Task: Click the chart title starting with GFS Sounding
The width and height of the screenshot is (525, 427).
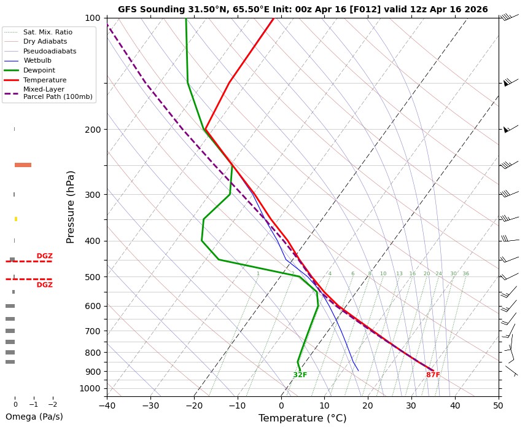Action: pos(303,9)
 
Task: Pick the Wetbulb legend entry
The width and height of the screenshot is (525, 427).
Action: pos(37,61)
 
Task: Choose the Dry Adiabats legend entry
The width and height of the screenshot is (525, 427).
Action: pos(45,41)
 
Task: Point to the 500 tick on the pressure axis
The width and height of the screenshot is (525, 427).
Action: pos(93,277)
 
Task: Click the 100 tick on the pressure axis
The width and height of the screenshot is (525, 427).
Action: pos(93,18)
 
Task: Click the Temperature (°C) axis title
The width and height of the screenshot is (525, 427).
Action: pos(303,418)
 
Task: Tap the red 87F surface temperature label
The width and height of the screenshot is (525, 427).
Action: pos(433,375)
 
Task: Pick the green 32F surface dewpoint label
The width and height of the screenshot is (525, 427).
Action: pos(300,375)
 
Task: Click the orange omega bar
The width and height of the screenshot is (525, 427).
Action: pos(23,165)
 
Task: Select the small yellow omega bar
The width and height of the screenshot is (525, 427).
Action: pos(16,219)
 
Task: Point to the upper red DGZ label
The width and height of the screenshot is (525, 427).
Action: pos(44,256)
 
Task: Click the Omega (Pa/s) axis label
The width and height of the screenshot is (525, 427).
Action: pos(34,417)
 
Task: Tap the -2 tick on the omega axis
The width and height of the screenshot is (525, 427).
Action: pos(52,405)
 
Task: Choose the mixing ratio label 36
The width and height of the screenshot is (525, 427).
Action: pos(465,274)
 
